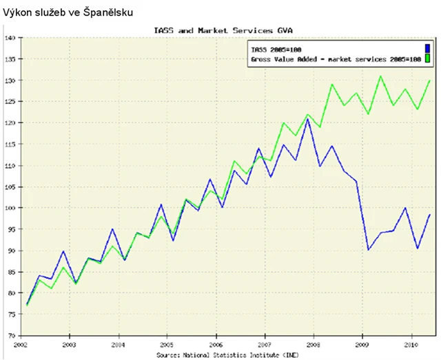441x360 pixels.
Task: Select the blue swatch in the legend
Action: click(x=427, y=48)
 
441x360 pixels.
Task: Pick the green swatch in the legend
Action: click(x=427, y=59)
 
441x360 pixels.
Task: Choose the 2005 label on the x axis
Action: click(x=166, y=343)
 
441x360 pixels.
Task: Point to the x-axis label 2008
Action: click(x=314, y=343)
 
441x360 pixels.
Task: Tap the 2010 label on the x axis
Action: click(x=411, y=343)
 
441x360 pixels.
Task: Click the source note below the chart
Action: click(x=227, y=354)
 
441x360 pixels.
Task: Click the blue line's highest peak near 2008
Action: click(x=308, y=119)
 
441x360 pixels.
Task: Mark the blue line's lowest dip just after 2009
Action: click(x=368, y=249)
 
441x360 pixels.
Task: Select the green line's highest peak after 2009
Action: click(x=380, y=76)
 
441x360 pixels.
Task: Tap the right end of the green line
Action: click(x=430, y=81)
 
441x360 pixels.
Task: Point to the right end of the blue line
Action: click(x=430, y=215)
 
